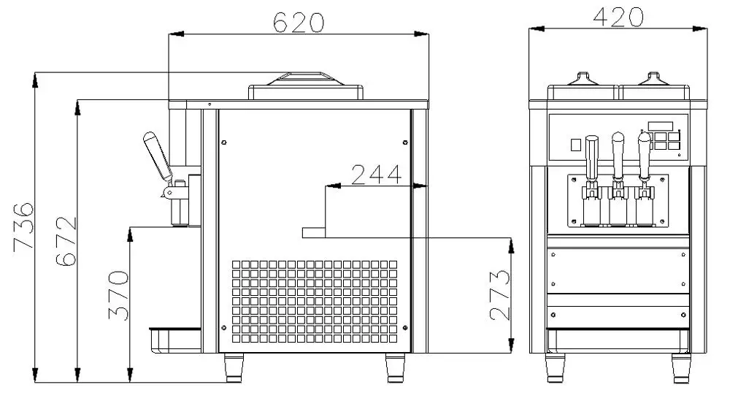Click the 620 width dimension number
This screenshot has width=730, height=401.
298,22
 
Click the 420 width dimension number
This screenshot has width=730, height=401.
618,18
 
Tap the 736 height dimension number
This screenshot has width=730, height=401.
23,227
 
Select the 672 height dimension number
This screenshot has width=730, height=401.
66,241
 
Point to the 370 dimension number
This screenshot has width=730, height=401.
118,295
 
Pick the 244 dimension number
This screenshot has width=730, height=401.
376,175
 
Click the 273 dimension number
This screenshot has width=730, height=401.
500,295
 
